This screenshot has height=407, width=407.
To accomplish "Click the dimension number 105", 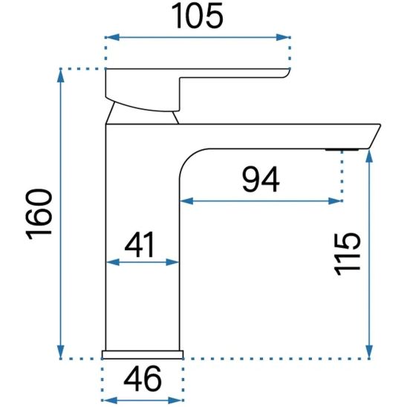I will click(197, 16).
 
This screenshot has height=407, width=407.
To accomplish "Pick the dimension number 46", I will click(141, 380).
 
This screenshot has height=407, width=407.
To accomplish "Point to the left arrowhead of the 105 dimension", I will click(110, 36).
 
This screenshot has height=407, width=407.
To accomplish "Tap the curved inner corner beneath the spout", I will click(190, 160).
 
